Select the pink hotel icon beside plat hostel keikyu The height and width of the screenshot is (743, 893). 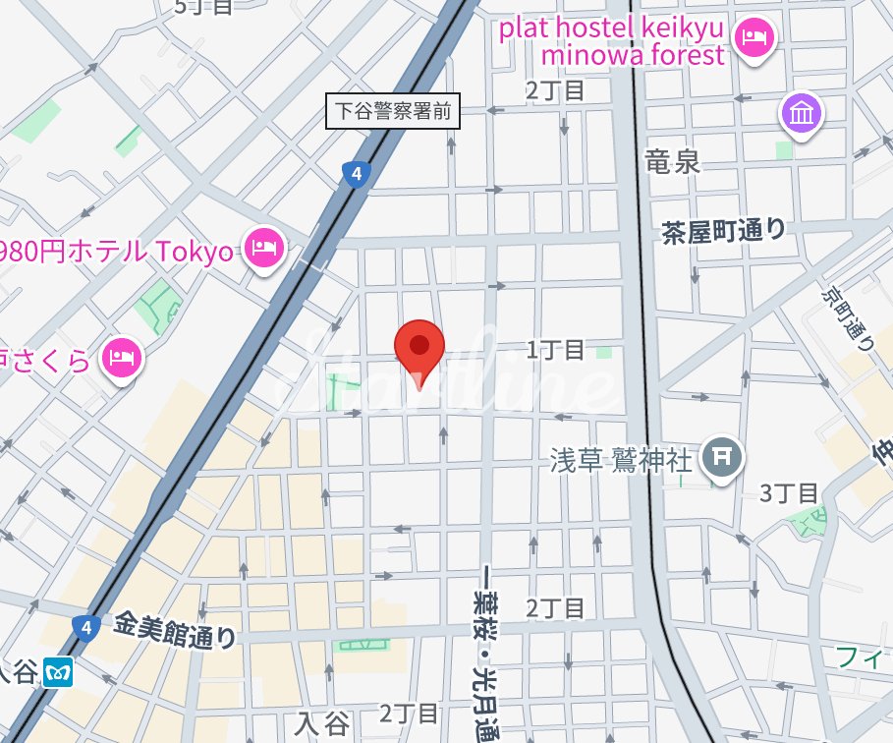[755, 38]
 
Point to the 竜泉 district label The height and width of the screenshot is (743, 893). [673, 161]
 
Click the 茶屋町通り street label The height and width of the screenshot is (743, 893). [724, 231]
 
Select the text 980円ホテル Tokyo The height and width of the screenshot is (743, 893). [117, 251]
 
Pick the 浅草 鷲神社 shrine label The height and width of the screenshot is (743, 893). [620, 458]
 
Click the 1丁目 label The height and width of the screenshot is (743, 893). [555, 349]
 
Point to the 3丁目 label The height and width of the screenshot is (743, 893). [789, 492]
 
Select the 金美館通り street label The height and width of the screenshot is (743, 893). [176, 629]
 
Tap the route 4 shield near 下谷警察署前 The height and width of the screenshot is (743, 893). [357, 175]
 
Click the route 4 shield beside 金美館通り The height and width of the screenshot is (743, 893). [86, 626]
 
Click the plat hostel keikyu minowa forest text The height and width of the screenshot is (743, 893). [612, 40]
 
